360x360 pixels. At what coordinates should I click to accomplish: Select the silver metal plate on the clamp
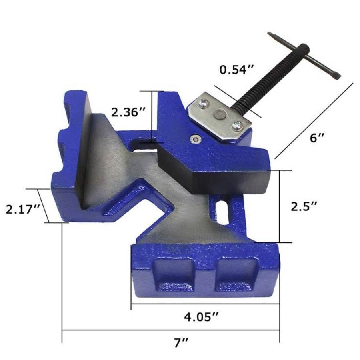click(x=219, y=116)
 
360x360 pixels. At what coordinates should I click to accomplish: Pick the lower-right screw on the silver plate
click(x=237, y=126)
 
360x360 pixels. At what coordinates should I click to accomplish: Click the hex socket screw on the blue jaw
click(x=195, y=138)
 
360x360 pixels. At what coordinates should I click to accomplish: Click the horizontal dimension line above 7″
click(x=170, y=330)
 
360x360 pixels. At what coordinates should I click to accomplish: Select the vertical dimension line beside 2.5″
click(x=280, y=206)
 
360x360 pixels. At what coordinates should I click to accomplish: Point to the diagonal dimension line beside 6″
click(x=314, y=120)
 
